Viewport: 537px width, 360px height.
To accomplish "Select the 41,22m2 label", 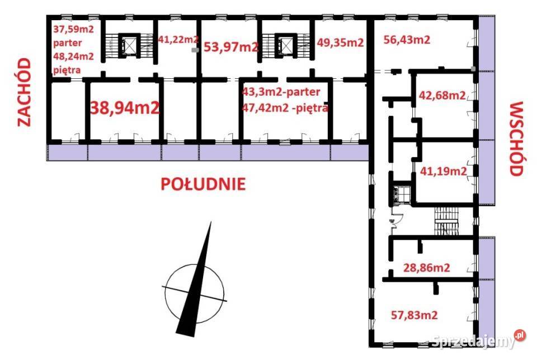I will [178, 40].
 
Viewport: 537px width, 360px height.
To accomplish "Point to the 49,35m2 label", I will [340, 42].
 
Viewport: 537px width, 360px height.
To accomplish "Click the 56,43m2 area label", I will [407, 39].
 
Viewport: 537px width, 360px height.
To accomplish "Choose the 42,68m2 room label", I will [442, 95].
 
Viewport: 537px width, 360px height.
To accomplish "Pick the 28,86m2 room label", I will [426, 268].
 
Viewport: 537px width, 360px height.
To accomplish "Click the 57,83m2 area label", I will [414, 315].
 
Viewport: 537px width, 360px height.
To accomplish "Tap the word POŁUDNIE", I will [203, 184].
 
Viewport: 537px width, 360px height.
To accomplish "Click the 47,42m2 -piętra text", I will [285, 108].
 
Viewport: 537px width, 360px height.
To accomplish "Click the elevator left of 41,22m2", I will [129, 44].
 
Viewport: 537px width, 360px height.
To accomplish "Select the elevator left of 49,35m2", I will [285, 45].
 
